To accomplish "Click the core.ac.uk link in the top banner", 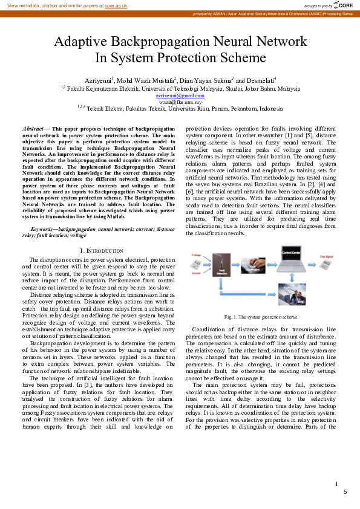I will point(115,5).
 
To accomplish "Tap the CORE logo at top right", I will point(343,5).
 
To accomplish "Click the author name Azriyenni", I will point(97,80).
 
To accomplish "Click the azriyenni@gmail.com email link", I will point(180,96).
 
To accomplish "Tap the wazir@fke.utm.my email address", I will point(180,102).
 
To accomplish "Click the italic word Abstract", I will point(33,129).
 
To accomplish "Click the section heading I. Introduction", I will point(102,250).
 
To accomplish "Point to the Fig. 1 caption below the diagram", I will point(260,316).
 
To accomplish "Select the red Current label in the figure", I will point(196,273).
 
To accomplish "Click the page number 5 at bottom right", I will point(345,492).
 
